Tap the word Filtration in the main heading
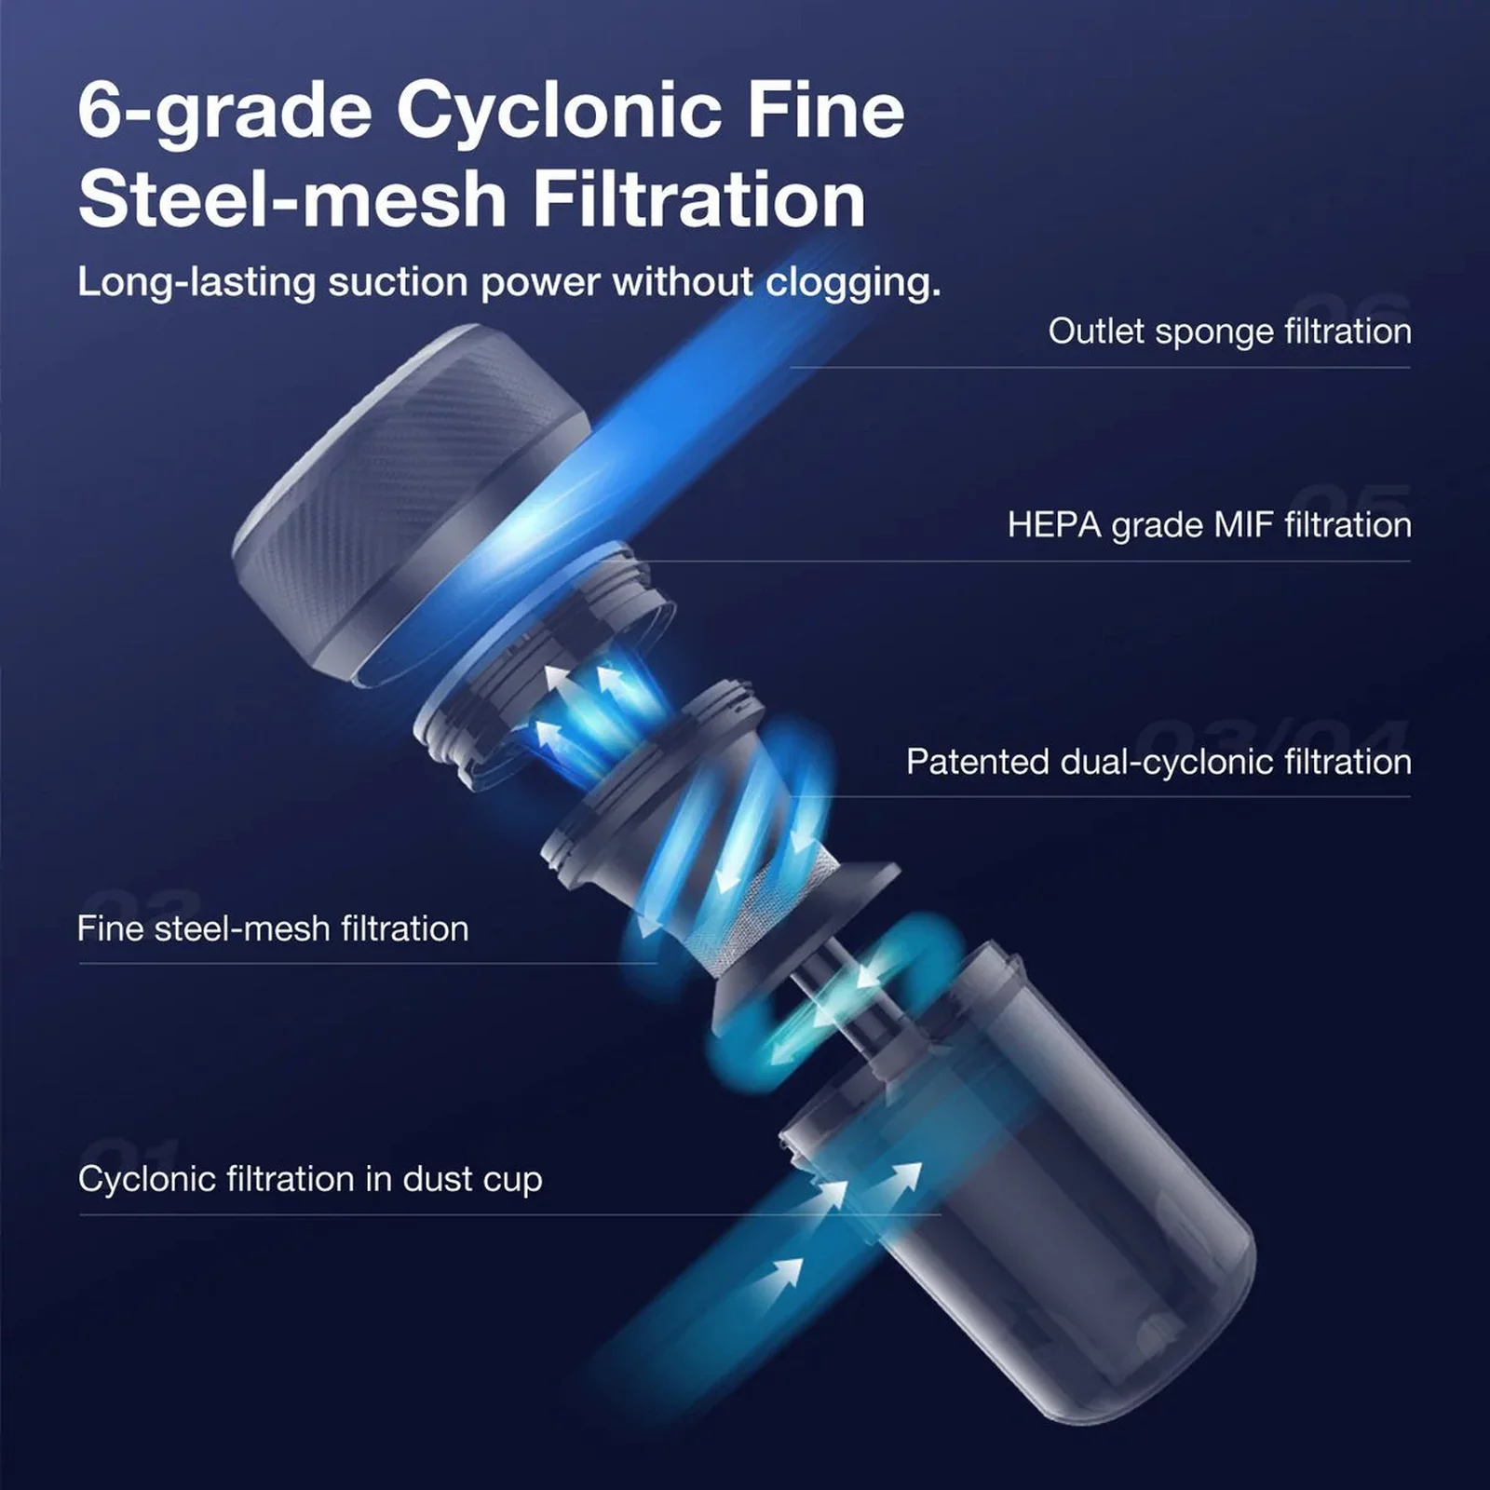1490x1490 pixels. tap(699, 200)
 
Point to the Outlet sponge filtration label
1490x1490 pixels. tap(1229, 332)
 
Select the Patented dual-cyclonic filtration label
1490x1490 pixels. tap(1158, 762)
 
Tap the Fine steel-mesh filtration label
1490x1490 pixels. tap(273, 928)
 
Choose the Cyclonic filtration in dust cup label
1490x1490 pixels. tap(310, 1180)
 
